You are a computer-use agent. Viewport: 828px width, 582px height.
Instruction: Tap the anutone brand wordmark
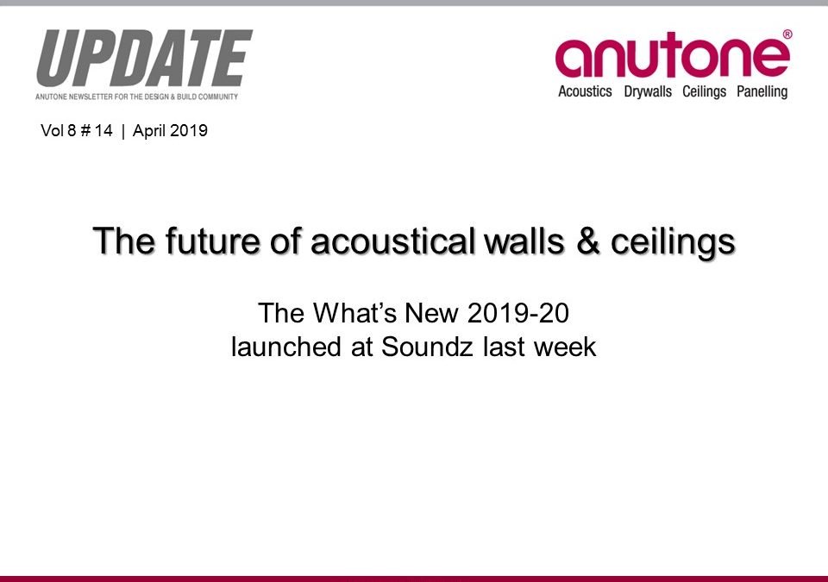[x=673, y=57]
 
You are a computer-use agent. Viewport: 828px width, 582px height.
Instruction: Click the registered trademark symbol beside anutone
[x=786, y=34]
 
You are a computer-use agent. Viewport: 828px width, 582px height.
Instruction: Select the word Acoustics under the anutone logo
[x=585, y=91]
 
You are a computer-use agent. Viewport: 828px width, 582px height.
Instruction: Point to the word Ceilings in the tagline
[x=705, y=91]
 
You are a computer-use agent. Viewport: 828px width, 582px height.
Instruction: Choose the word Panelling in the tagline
[x=762, y=91]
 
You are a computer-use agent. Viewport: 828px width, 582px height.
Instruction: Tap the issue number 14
[x=104, y=131]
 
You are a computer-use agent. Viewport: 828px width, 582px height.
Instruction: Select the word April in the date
[x=149, y=131]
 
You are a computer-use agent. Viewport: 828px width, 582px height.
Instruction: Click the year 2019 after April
[x=190, y=131]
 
